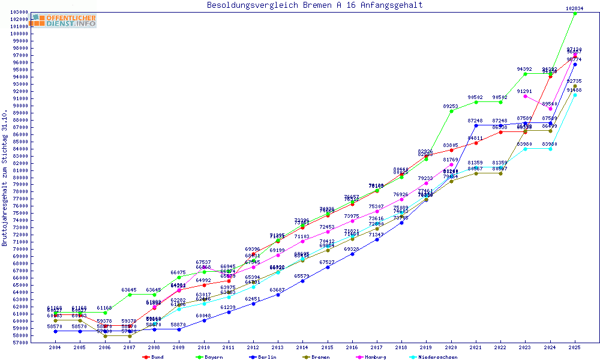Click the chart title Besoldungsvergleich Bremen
[x=314, y=5]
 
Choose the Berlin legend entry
[x=264, y=357]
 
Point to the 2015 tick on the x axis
[x=327, y=347]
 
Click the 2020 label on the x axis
[x=451, y=347]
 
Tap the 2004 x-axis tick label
[x=55, y=347]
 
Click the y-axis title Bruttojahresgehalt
[x=5, y=178]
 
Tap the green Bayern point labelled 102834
[x=575, y=13]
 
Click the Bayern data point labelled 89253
[x=451, y=111]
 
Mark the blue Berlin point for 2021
[x=476, y=125]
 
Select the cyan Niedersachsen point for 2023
[x=525, y=149]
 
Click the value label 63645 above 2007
[x=130, y=290]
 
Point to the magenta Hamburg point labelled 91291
[x=525, y=96]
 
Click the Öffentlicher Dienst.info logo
[x=64, y=20]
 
